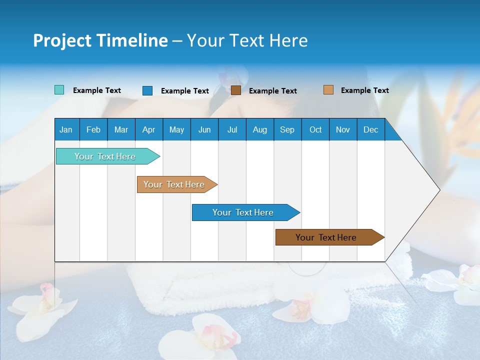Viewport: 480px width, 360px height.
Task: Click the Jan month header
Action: coord(66,129)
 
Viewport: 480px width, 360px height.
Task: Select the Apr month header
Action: coord(148,129)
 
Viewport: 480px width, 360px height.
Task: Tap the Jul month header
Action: coord(232,129)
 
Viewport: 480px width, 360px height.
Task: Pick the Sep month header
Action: coord(287,129)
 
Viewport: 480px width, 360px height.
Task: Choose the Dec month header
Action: coord(370,129)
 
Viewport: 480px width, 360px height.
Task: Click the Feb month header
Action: coord(93,129)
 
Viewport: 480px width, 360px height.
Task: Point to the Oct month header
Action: coord(315,129)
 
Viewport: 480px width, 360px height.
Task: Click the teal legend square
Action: coord(59,90)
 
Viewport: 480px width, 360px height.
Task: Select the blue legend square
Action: coord(147,90)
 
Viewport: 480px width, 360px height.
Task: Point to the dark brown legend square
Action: coord(236,90)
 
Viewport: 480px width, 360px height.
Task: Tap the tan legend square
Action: coord(328,90)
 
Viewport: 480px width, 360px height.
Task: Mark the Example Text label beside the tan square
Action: coord(364,90)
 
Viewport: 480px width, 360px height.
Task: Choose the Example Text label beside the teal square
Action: coord(97,90)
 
